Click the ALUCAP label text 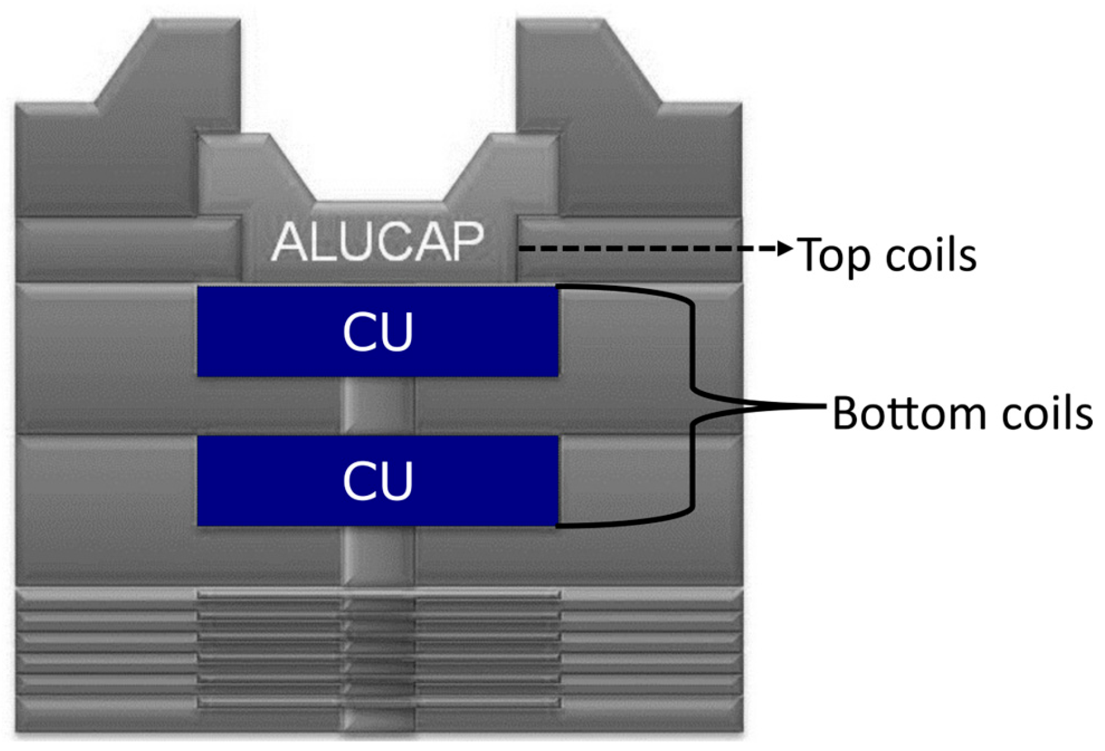point(378,242)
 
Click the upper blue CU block point(378,331)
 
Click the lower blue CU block point(378,480)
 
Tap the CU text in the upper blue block point(378,332)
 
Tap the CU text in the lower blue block point(378,481)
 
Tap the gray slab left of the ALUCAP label point(128,249)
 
